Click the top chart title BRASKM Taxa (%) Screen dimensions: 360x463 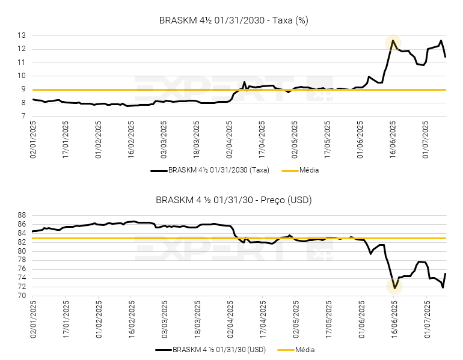(x=233, y=20)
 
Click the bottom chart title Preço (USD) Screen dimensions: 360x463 (x=233, y=200)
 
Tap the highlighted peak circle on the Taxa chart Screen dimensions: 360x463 (x=393, y=42)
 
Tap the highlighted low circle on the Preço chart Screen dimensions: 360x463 (x=394, y=287)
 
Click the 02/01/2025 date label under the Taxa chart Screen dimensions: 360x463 (x=34, y=139)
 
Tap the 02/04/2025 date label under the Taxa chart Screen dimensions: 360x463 (x=230, y=139)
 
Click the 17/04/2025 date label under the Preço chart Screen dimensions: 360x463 (x=263, y=319)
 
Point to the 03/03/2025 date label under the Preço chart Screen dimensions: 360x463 (x=165, y=319)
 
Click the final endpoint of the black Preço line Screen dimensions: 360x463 (x=445, y=274)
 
